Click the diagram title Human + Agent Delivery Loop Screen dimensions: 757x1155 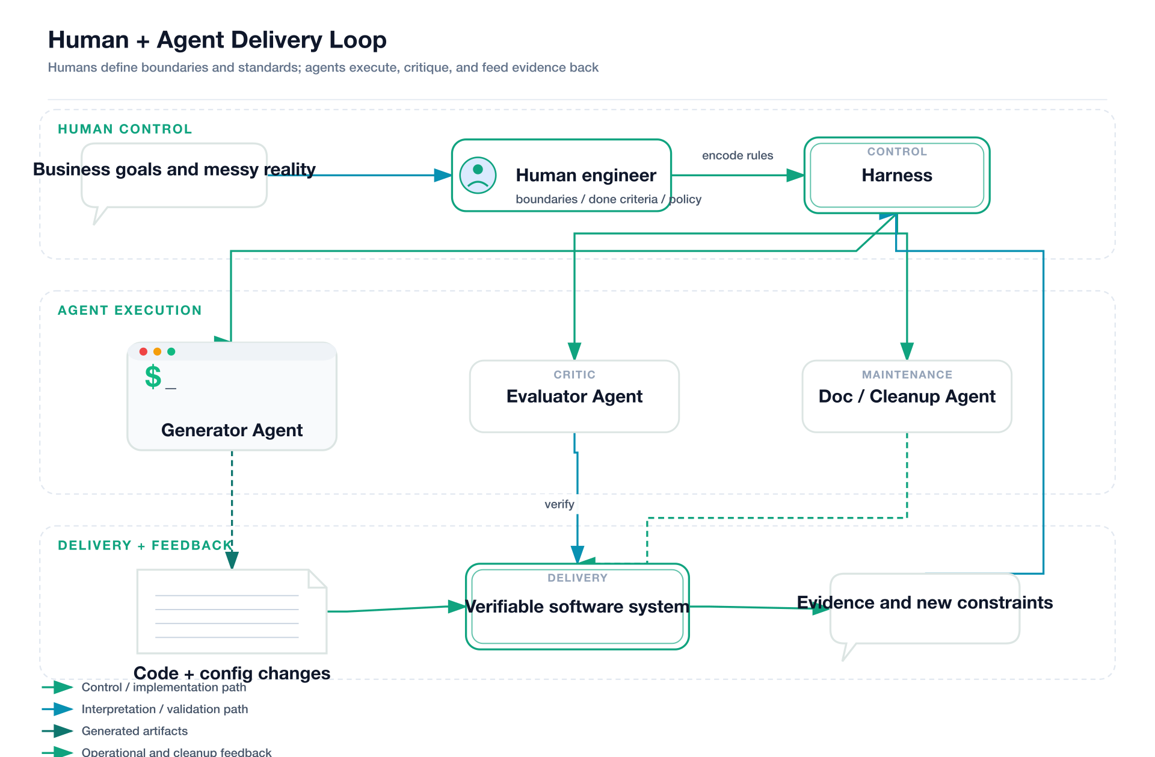point(217,40)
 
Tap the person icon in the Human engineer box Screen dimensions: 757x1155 point(478,175)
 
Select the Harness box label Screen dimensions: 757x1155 point(896,175)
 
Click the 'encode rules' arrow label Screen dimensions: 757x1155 point(737,155)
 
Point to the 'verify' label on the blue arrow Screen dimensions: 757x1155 point(559,504)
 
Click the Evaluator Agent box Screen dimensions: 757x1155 point(574,396)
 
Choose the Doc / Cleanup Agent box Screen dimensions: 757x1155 point(907,396)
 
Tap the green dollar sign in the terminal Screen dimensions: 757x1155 point(153,377)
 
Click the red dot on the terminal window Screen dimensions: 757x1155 point(143,351)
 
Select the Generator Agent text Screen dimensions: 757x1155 point(232,430)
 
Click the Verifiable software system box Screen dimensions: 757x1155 point(577,607)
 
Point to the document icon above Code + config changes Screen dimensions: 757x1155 point(232,611)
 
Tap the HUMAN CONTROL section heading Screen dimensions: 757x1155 point(125,129)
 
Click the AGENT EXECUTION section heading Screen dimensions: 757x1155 point(129,311)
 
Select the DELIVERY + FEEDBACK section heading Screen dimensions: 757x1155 point(144,545)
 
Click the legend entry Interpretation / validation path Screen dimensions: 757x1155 point(164,709)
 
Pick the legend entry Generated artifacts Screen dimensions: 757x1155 point(134,731)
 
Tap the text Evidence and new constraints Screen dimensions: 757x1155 point(924,602)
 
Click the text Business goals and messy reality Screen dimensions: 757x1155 point(174,169)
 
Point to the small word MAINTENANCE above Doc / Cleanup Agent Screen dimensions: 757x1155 point(907,374)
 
